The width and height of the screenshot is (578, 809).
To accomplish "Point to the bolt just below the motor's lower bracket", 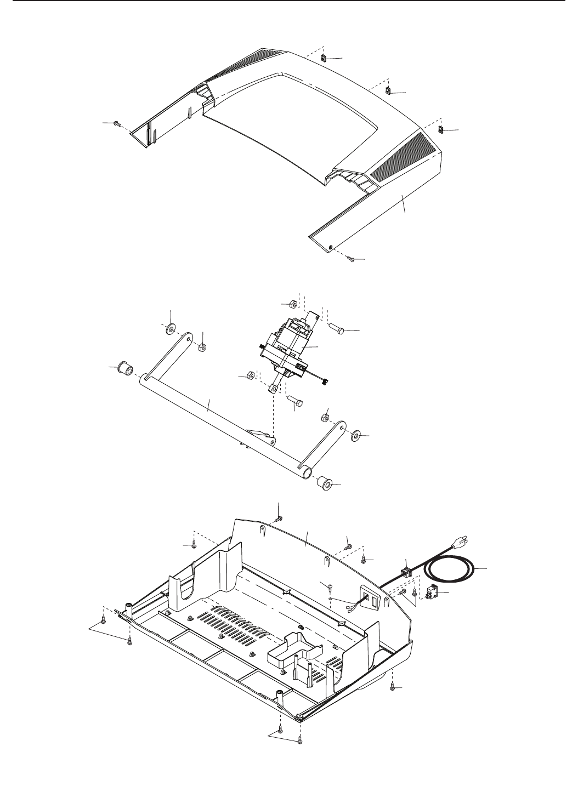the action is coord(294,402).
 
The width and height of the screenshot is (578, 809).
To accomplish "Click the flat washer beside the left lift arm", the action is coord(171,329).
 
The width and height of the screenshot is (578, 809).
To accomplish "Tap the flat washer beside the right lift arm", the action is coord(355,436).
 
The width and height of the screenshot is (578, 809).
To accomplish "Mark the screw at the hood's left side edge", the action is coord(117,124).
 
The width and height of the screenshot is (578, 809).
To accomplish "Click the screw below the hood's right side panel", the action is coord(352,260).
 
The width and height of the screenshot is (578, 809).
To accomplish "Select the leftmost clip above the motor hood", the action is coord(325,58).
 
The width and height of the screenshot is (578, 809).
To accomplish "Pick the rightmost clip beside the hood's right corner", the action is coord(440,130).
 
